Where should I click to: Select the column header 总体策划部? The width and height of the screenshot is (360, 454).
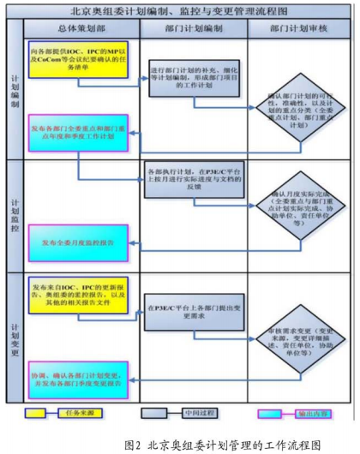click(82, 29)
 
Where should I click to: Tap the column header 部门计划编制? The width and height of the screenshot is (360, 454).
click(193, 29)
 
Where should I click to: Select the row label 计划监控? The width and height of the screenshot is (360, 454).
click(14, 215)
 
